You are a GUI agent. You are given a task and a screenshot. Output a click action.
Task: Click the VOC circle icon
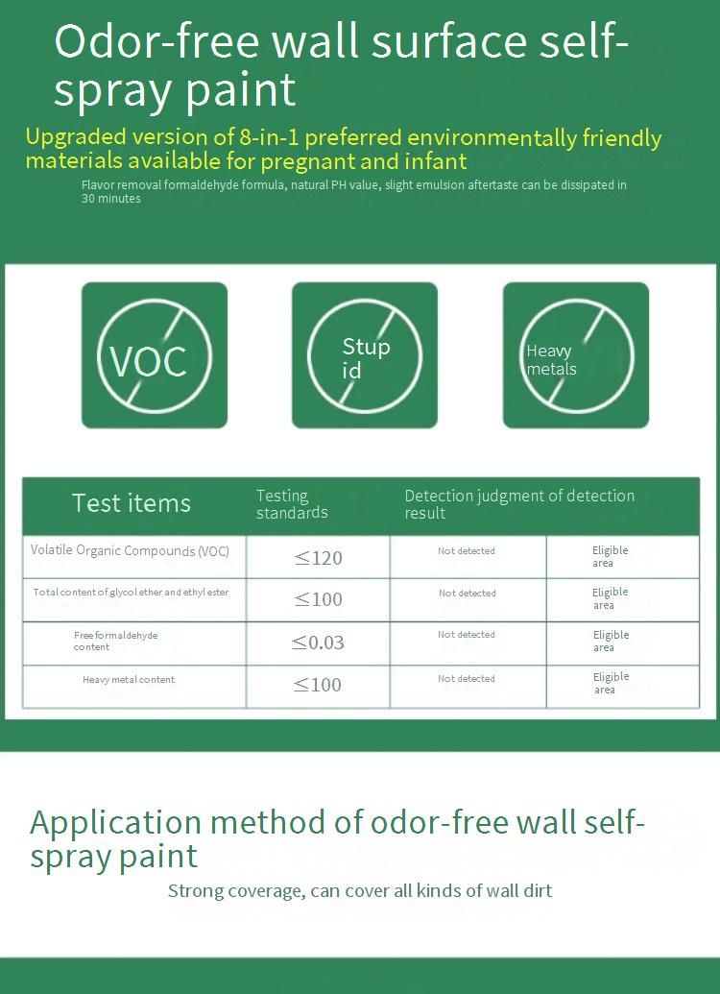click(x=155, y=355)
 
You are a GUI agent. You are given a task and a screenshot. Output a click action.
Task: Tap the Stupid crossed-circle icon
click(x=365, y=355)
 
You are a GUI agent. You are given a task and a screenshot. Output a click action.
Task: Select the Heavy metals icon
click(x=575, y=355)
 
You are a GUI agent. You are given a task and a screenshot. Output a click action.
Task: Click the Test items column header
click(x=132, y=503)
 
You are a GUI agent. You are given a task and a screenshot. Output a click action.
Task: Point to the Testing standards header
click(x=292, y=504)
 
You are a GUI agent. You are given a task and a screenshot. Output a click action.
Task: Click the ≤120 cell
click(x=318, y=558)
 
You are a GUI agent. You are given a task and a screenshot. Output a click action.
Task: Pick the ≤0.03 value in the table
click(x=318, y=642)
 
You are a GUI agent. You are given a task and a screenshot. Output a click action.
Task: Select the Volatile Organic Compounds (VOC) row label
click(x=130, y=550)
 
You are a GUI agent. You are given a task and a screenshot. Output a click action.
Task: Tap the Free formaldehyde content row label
click(x=115, y=641)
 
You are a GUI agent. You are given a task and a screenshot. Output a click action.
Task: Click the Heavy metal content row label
click(x=129, y=680)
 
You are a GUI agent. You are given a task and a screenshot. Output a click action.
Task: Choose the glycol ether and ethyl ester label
click(x=131, y=593)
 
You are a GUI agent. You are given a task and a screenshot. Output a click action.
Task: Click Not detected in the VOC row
click(x=467, y=551)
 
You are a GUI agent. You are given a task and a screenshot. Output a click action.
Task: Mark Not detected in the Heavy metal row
click(x=467, y=678)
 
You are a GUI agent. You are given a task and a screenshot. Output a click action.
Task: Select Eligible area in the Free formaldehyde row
click(x=611, y=641)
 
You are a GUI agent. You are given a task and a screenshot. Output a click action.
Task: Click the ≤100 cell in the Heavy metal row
click(x=318, y=685)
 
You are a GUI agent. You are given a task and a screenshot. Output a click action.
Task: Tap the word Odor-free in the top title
click(x=156, y=42)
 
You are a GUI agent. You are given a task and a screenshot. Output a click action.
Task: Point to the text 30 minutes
click(x=111, y=199)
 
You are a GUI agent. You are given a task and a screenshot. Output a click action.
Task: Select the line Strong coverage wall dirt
click(x=360, y=891)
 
